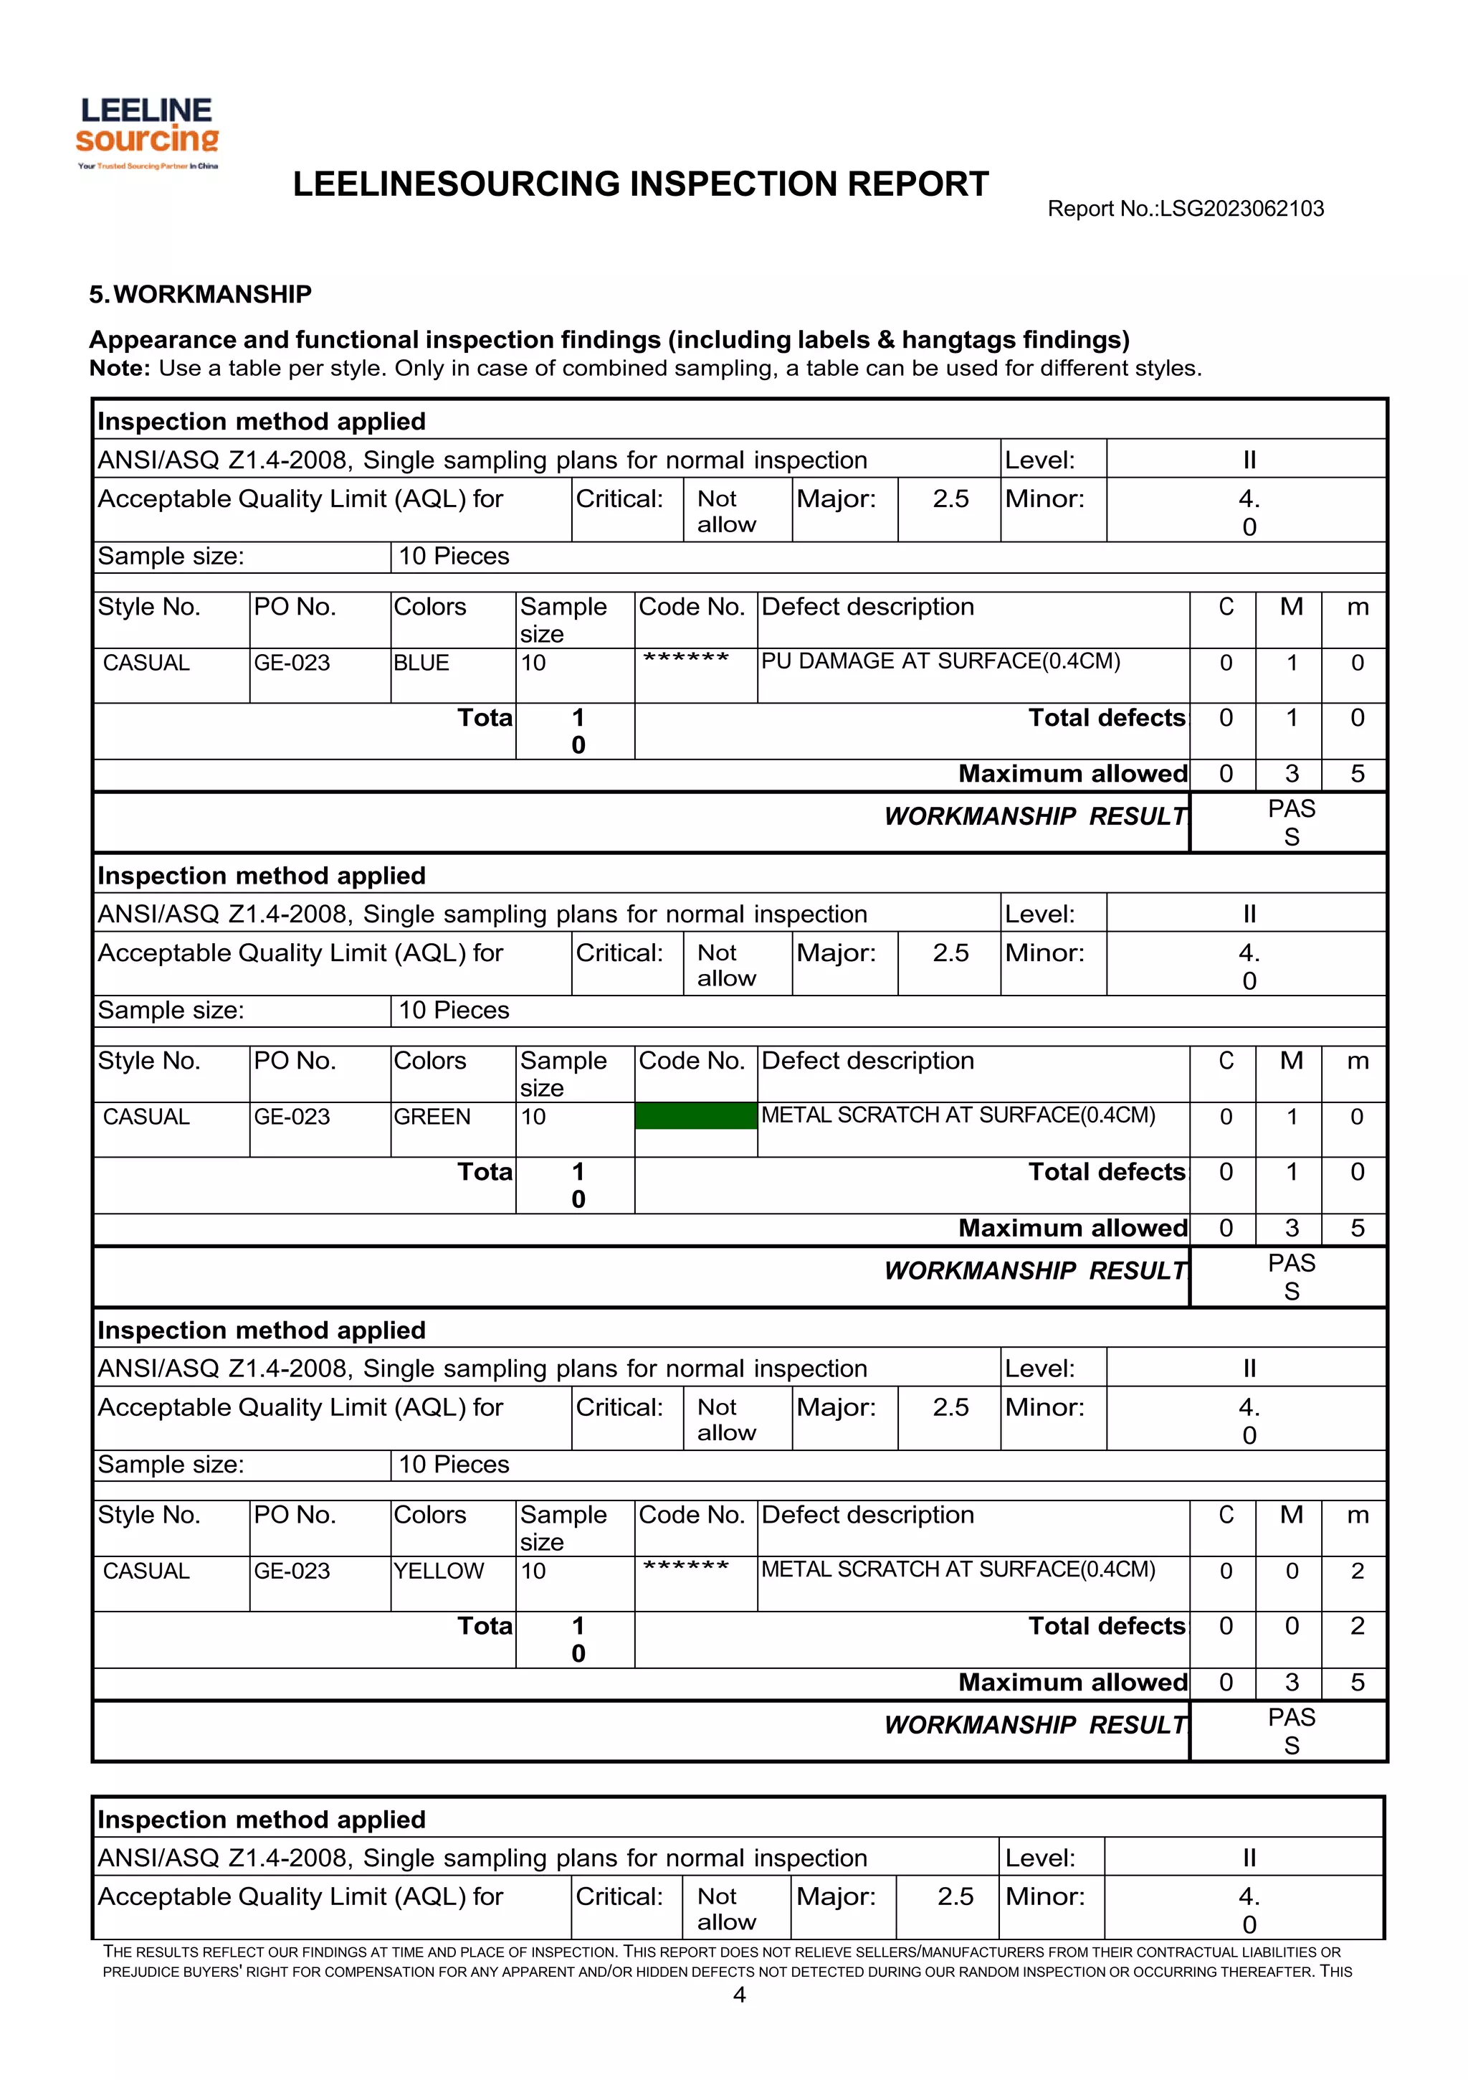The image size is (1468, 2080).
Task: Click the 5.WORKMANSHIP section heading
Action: pos(200,294)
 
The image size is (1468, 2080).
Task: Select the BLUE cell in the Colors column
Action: pos(421,663)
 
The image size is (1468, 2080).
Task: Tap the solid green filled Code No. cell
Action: pos(695,1116)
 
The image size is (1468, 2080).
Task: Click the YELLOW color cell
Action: pos(438,1571)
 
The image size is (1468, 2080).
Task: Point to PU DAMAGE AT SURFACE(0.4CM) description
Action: pos(940,661)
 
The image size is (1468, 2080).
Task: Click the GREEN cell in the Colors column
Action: pos(432,1117)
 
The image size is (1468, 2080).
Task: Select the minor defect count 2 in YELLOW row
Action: pos(1357,1571)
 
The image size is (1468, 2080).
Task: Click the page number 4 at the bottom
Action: pos(739,1995)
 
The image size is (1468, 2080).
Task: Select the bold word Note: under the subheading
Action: pos(120,369)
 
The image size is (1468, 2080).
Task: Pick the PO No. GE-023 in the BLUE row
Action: pos(292,663)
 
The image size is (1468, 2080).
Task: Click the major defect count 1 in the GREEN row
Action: pos(1292,1117)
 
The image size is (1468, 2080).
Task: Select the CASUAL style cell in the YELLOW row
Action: pos(147,1571)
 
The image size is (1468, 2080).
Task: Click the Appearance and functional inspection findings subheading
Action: pos(609,340)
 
